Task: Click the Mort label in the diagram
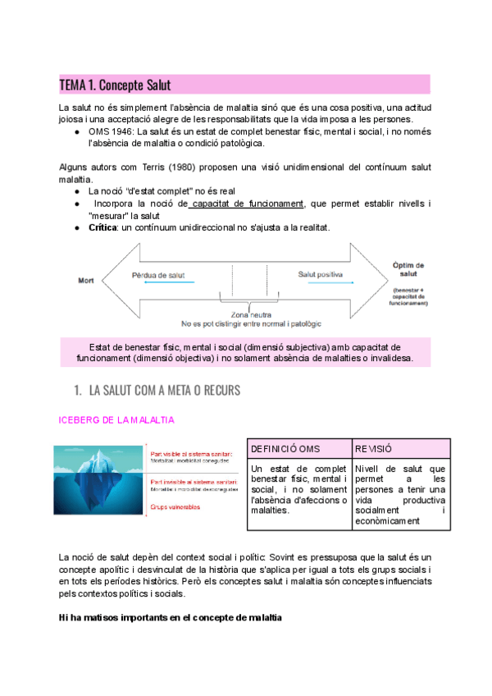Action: point(86,280)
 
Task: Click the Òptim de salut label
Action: point(408,270)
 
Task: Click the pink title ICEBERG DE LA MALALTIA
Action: point(116,420)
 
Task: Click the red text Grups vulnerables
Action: point(175,507)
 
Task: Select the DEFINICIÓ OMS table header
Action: point(286,449)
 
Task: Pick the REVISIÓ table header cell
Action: point(374,449)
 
